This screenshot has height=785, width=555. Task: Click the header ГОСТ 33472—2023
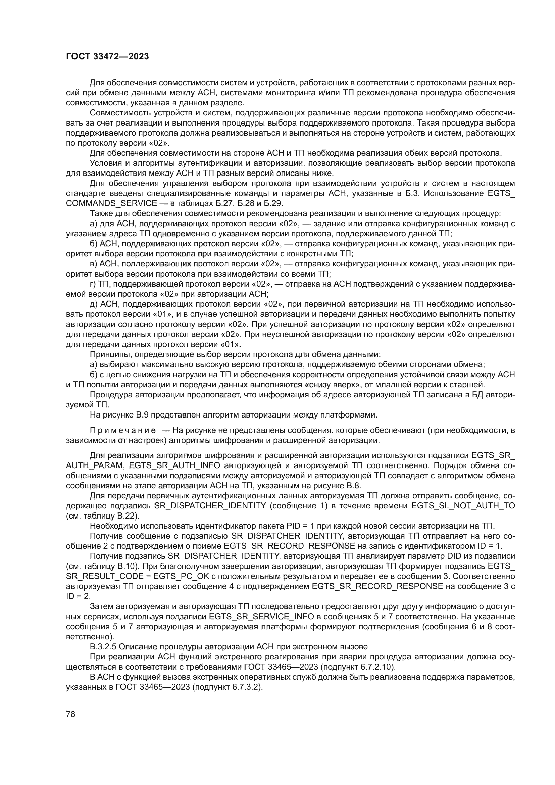107,57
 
